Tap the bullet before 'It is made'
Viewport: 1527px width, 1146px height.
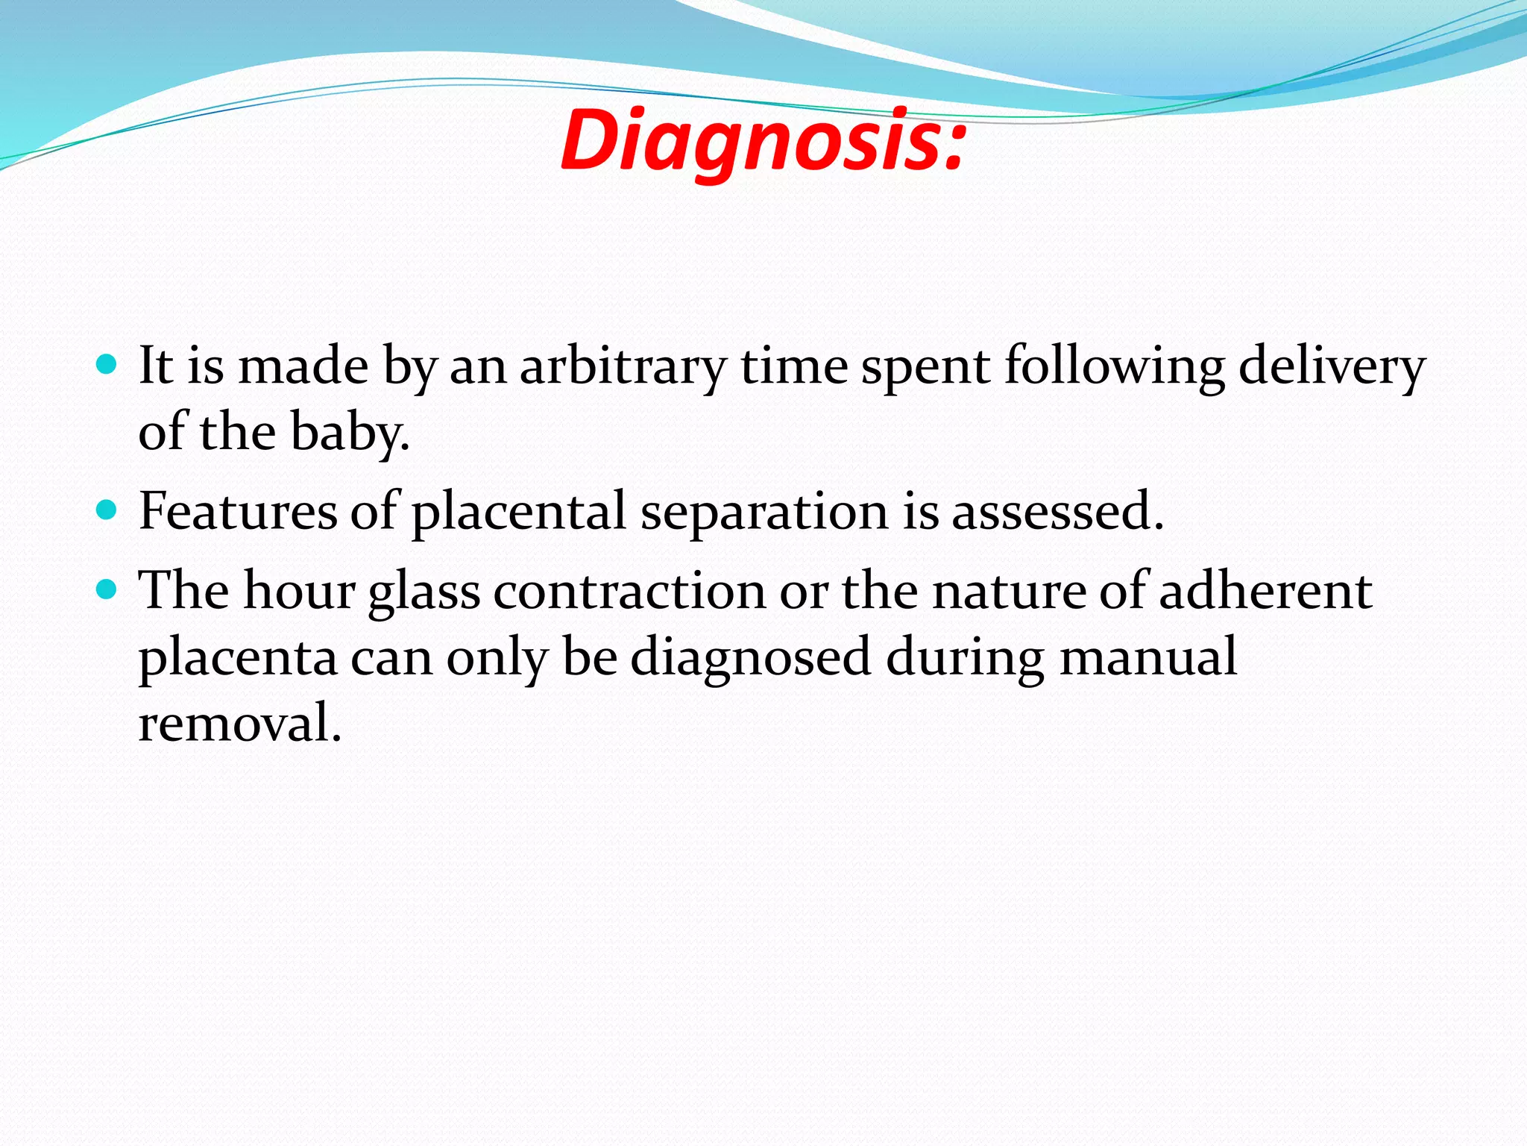(107, 365)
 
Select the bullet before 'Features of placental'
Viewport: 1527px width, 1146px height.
(107, 510)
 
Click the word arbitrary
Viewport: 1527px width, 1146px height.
(623, 367)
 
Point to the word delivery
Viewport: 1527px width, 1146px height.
(1332, 367)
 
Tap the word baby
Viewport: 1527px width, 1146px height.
(349, 433)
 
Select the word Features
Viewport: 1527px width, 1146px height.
(238, 512)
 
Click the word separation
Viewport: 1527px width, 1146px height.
(764, 513)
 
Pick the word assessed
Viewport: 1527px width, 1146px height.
(1057, 513)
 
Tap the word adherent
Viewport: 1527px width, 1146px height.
(1265, 591)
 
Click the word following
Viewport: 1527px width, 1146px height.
(1114, 367)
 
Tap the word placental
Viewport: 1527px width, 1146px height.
(519, 513)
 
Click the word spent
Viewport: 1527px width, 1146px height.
(925, 369)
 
